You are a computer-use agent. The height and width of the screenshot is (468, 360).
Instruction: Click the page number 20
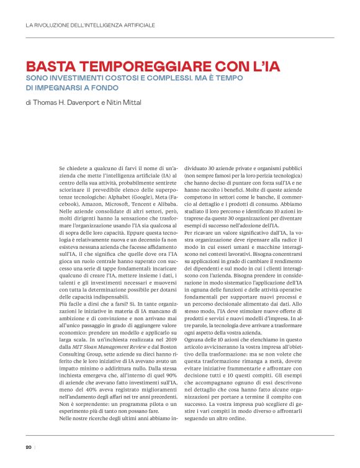click(29, 447)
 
